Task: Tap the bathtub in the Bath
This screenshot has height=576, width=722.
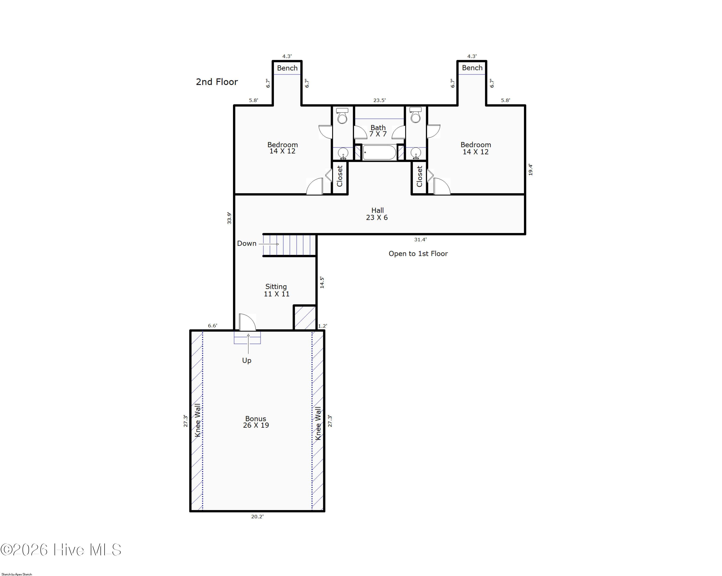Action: click(x=380, y=152)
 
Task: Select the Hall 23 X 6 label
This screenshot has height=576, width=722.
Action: click(x=377, y=214)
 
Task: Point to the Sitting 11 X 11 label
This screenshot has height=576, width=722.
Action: click(x=276, y=290)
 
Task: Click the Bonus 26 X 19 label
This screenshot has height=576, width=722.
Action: click(x=256, y=422)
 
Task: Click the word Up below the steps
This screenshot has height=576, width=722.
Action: click(x=247, y=360)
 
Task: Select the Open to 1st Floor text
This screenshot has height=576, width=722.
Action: click(x=418, y=253)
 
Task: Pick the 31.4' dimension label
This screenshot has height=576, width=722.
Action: click(x=420, y=239)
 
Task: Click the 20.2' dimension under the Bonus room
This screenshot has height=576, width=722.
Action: click(x=257, y=516)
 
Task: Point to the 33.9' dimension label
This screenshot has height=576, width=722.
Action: click(x=229, y=218)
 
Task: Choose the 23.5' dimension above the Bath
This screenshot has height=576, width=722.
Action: click(x=380, y=100)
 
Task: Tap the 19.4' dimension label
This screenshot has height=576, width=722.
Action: click(x=530, y=169)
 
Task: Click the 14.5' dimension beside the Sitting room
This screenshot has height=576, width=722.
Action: click(x=322, y=282)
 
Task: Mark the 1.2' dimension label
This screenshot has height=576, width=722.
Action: click(x=322, y=326)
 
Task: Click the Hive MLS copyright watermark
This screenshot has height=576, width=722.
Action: click(x=61, y=550)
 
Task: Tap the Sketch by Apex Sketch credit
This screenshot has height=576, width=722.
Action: click(x=17, y=574)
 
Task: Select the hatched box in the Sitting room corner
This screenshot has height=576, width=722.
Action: click(x=305, y=317)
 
